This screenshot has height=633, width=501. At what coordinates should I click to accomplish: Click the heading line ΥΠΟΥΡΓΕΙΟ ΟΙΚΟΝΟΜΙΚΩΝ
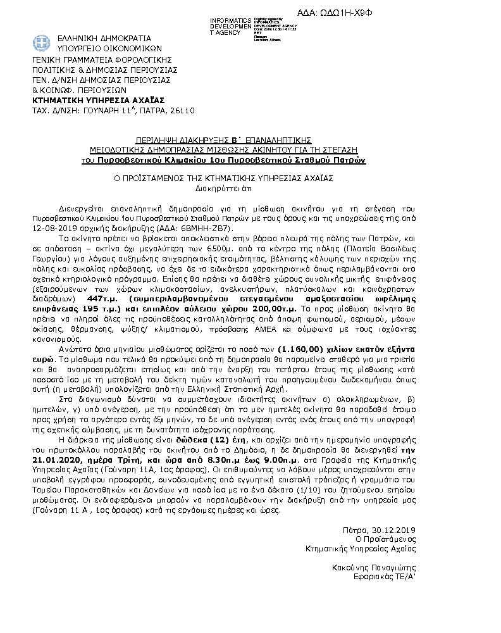coord(101,48)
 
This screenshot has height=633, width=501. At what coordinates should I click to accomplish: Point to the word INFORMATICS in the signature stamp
coord(230,21)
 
